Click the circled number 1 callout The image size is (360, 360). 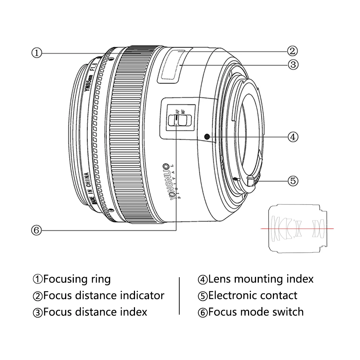pos(36,53)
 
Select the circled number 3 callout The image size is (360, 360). pos(292,65)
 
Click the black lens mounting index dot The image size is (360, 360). pos(207,136)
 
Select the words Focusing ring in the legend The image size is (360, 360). pos(77,279)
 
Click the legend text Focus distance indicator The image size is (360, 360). pos(103,296)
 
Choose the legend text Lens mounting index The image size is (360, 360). pos(261,279)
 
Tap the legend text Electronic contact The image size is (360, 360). pos(253,296)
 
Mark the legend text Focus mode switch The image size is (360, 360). pos(256,311)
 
